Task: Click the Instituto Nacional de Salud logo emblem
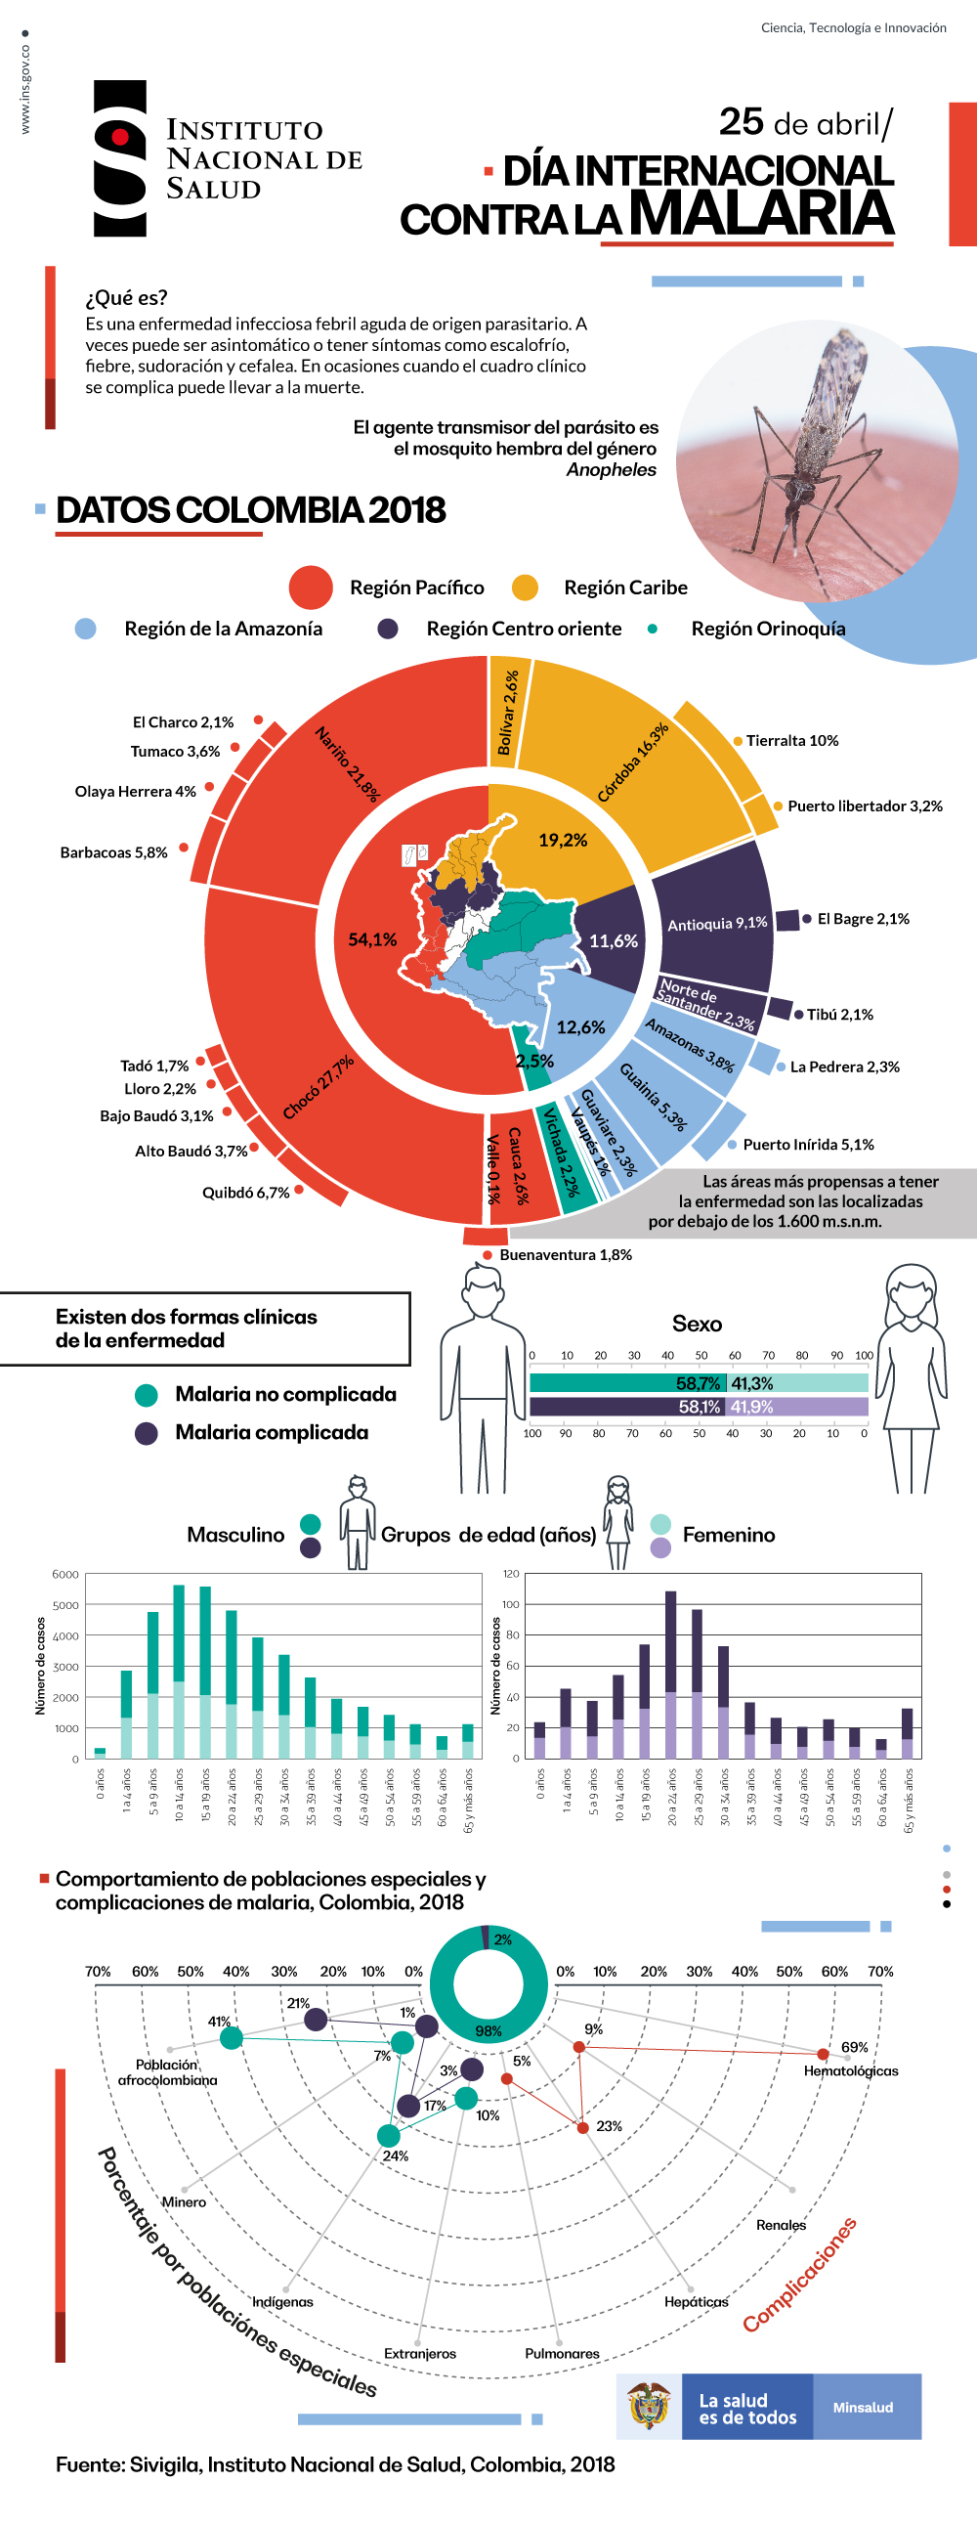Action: tap(119, 157)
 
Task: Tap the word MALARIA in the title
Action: tap(760, 213)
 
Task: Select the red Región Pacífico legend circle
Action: tap(311, 588)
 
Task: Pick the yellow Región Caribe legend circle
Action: tap(526, 588)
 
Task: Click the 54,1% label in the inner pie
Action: tap(372, 940)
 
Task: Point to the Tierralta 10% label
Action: tap(791, 741)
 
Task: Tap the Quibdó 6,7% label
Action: tap(246, 1193)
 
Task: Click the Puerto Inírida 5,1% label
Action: tap(808, 1145)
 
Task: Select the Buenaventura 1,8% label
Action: tap(566, 1254)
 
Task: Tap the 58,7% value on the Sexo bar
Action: tap(698, 1383)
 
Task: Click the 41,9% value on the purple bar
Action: tap(751, 1407)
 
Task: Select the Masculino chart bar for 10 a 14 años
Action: tap(179, 1672)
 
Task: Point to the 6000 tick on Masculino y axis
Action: tap(65, 1574)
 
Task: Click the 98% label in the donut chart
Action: tap(488, 2031)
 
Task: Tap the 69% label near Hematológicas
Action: tap(855, 2047)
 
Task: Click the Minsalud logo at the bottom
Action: tap(864, 2408)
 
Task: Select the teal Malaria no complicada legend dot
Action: tap(146, 1395)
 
